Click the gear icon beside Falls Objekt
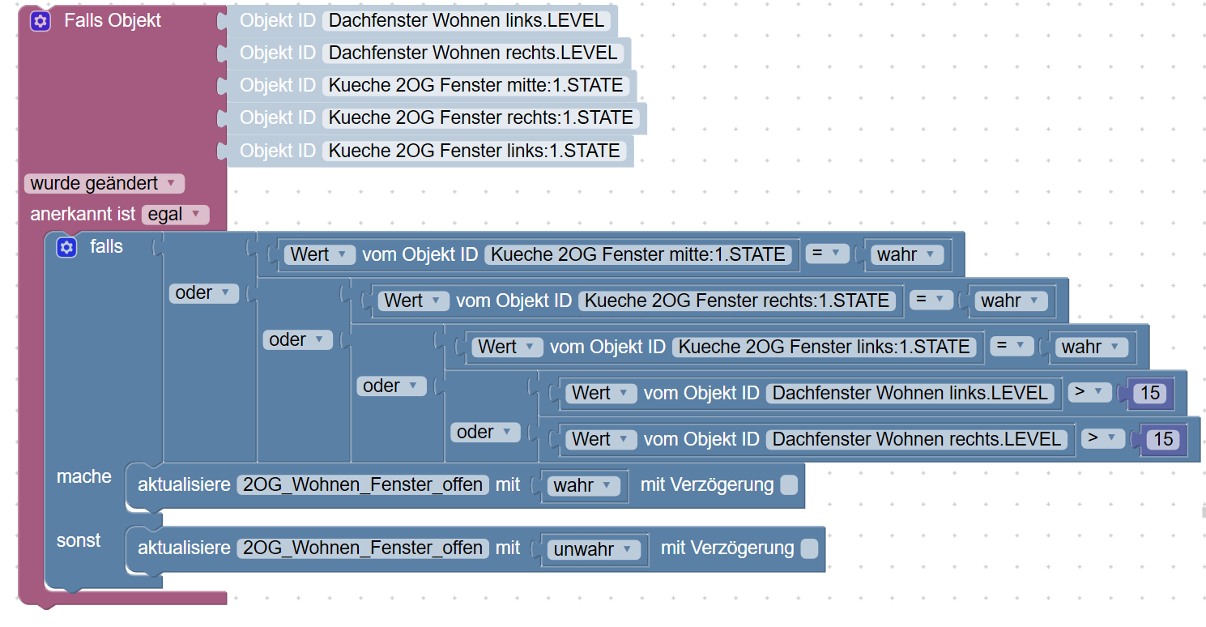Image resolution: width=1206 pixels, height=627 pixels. [40, 21]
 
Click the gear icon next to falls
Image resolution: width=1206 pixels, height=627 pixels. [66, 247]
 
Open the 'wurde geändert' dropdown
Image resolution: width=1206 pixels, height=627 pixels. [104, 184]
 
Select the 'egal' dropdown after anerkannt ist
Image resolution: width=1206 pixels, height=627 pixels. [175, 215]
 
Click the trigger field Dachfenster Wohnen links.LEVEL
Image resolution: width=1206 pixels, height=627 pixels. [467, 21]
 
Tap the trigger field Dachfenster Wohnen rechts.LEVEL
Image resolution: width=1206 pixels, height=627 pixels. [474, 53]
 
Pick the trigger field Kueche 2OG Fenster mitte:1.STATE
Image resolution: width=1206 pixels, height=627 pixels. [476, 86]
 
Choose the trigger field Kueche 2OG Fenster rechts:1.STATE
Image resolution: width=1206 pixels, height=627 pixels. [481, 118]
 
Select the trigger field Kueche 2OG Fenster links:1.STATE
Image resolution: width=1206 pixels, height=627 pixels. [475, 151]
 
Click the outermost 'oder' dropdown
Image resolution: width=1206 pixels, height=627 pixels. [203, 293]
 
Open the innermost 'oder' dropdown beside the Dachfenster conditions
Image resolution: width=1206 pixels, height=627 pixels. [485, 433]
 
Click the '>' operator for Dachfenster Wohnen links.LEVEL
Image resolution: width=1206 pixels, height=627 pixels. [1089, 393]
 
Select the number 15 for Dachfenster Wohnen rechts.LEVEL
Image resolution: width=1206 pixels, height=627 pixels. [1163, 439]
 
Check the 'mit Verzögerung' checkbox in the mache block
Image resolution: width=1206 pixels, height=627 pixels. [788, 485]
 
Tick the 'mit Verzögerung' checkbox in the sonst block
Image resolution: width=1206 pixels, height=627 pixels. [808, 548]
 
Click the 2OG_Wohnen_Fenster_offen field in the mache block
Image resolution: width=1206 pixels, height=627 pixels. [363, 485]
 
